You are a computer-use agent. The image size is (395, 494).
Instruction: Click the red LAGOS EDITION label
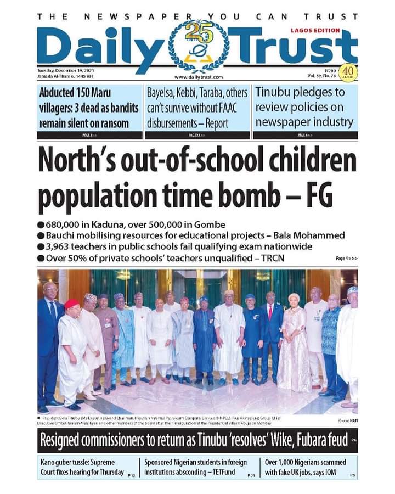315,31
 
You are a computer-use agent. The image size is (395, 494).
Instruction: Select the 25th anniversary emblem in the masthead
198,47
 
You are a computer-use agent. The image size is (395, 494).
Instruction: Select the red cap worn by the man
71,304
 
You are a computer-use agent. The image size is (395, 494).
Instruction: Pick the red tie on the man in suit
269,313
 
